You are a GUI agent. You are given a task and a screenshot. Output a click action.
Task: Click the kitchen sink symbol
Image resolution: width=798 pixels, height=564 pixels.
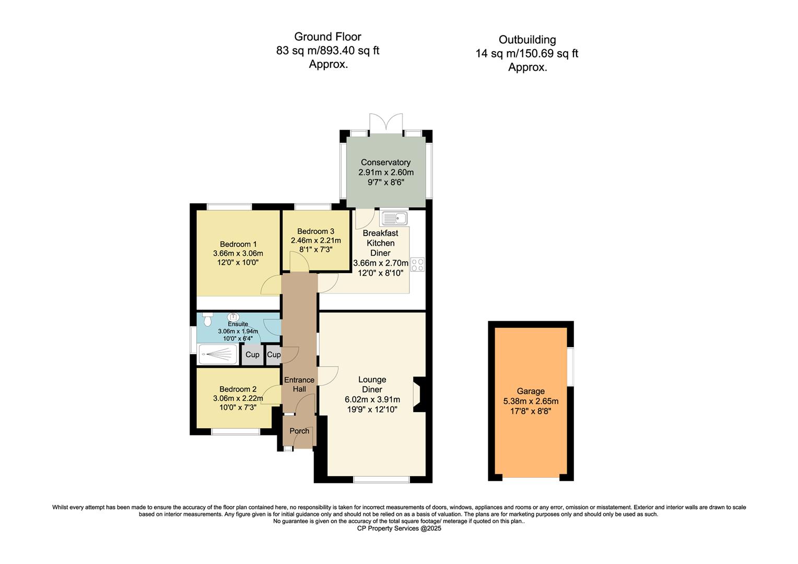pyautogui.click(x=394, y=218)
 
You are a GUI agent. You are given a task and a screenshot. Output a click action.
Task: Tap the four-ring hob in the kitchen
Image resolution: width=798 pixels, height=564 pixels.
pyautogui.click(x=417, y=265)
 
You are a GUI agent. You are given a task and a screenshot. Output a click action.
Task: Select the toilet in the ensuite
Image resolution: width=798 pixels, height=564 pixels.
pyautogui.click(x=208, y=318)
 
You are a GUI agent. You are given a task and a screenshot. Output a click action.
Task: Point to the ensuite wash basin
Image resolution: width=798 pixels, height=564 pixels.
pyautogui.click(x=233, y=316)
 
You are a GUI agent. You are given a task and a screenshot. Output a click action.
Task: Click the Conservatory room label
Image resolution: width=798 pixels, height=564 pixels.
pyautogui.click(x=385, y=162)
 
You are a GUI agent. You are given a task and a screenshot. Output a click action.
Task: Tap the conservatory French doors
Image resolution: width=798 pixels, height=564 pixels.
pyautogui.click(x=386, y=123)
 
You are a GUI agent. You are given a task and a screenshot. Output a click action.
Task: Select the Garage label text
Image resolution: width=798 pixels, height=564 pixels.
pyautogui.click(x=531, y=391)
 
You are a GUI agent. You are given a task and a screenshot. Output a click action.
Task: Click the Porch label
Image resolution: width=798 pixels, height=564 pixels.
pyautogui.click(x=299, y=431)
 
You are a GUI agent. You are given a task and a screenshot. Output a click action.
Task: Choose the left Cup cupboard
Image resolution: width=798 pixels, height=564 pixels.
pyautogui.click(x=252, y=355)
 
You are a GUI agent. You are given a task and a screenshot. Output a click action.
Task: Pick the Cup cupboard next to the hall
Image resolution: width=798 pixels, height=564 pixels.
pyautogui.click(x=273, y=355)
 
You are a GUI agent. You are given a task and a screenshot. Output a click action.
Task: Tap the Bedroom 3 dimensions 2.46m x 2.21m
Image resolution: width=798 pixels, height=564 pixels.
pyautogui.click(x=315, y=241)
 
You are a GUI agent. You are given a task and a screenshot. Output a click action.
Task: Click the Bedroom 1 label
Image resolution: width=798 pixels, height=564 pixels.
pyautogui.click(x=238, y=244)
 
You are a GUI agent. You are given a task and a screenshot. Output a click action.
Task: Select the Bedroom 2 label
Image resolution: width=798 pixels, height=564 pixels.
pyautogui.click(x=238, y=389)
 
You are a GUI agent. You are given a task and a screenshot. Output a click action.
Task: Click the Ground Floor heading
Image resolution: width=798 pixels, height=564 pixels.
pyautogui.click(x=327, y=37)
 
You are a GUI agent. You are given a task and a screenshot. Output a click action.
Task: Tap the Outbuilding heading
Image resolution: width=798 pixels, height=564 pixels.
pyautogui.click(x=527, y=40)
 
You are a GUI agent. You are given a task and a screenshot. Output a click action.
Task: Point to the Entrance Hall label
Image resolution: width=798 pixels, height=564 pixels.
pyautogui.click(x=299, y=384)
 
